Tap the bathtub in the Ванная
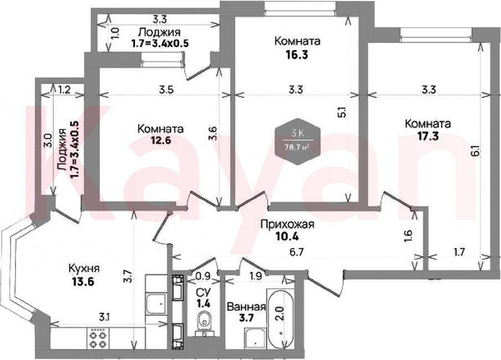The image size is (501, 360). pyautogui.click(x=281, y=319)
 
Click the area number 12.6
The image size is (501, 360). pyautogui.click(x=161, y=141)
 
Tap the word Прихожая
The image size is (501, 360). pyautogui.click(x=287, y=224)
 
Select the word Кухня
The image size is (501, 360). pyautogui.click(x=84, y=269)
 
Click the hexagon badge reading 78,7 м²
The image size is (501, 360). pyautogui.click(x=298, y=141)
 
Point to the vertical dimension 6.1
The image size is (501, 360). pyautogui.click(x=475, y=151)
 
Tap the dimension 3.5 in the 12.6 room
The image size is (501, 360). pyautogui.click(x=166, y=90)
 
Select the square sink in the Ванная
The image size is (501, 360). pyautogui.click(x=255, y=339)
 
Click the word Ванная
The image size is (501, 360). pyautogui.click(x=246, y=307)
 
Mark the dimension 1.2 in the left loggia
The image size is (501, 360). pyautogui.click(x=65, y=90)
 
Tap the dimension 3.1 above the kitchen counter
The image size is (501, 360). pyautogui.click(x=102, y=317)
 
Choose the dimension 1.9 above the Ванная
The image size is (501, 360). pyautogui.click(x=256, y=276)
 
